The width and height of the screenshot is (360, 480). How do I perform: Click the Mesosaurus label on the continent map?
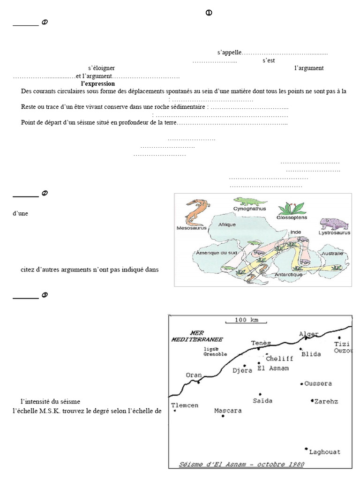tap(189, 228)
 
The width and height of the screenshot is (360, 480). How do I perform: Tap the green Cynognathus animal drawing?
tap(249, 202)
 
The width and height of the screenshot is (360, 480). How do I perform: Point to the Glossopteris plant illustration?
tap(291, 208)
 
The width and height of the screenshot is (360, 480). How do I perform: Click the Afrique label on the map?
tap(227, 225)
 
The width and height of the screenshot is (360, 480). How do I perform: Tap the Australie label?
tap(331, 254)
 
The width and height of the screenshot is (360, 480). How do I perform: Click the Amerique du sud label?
tap(214, 253)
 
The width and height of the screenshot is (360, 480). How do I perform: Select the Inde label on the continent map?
tap(295, 232)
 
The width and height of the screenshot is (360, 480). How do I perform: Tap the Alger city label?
tap(309, 334)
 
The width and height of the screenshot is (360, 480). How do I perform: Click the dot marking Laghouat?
tap(306, 449)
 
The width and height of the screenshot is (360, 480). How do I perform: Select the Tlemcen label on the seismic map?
tap(184, 405)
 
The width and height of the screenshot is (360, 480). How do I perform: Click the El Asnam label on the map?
tap(273, 368)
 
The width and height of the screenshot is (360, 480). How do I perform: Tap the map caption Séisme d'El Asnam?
tap(241, 465)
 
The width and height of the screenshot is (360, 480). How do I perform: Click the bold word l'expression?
tap(97, 83)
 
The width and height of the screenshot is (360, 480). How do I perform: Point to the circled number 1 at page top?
tap(209, 13)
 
